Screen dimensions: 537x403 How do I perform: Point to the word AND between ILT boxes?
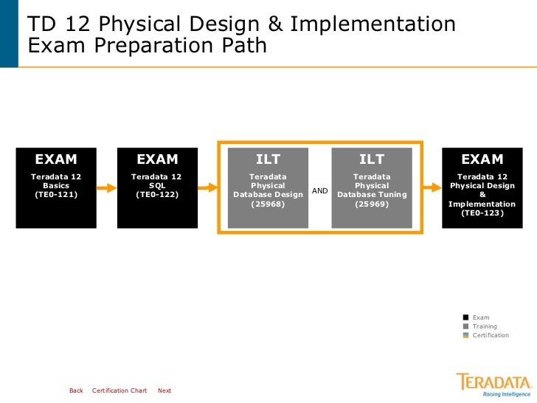click(320, 191)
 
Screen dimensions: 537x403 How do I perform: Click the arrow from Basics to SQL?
click(105, 187)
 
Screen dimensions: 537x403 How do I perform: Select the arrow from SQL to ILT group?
click(207, 187)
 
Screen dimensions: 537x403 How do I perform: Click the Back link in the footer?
click(76, 390)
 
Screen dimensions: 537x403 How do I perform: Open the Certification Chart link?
click(119, 390)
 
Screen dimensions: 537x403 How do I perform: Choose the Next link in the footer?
click(164, 390)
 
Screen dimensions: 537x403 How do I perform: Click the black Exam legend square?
click(465, 317)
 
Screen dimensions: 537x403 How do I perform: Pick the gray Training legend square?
click(465, 326)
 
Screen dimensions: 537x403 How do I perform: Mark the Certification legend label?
click(491, 335)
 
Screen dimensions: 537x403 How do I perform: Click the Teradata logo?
click(493, 385)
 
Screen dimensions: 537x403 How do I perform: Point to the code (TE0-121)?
click(56, 195)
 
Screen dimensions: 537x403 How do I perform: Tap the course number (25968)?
click(268, 204)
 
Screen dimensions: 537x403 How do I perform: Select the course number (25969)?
click(371, 204)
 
